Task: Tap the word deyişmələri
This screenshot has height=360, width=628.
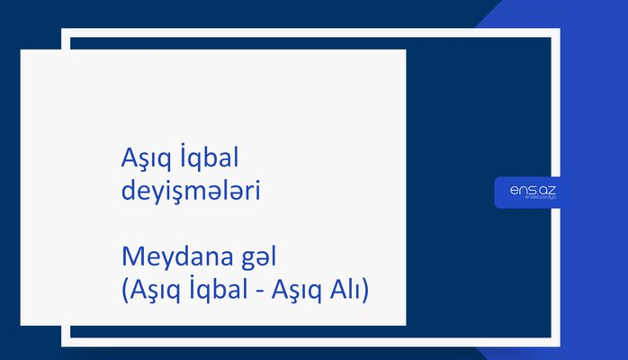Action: tap(190, 192)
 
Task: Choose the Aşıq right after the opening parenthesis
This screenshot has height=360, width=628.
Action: tap(152, 292)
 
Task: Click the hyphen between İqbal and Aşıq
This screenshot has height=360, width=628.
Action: tap(259, 293)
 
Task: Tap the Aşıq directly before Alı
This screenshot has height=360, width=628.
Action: tap(298, 292)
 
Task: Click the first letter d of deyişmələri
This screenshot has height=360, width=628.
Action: tap(127, 191)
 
